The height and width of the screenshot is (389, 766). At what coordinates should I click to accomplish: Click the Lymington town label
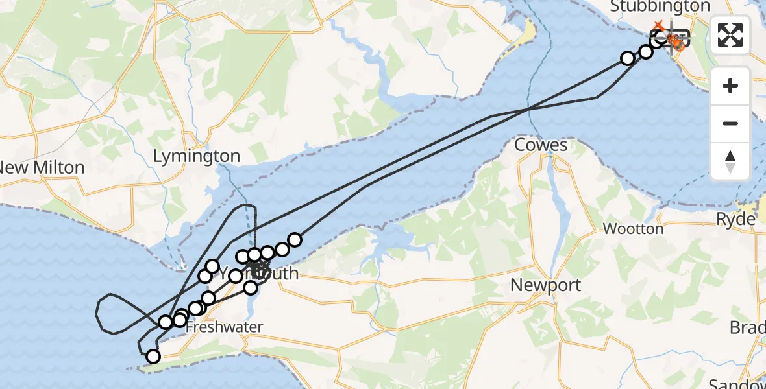point(197,156)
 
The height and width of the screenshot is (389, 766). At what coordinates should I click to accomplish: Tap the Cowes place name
point(541,145)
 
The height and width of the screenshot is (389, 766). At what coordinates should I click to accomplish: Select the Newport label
point(545,285)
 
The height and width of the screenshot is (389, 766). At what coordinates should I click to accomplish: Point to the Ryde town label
point(735,219)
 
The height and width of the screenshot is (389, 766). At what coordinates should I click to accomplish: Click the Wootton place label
point(633,229)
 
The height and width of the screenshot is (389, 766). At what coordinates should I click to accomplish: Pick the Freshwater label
point(223,327)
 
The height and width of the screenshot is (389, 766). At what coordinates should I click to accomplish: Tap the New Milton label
point(42,168)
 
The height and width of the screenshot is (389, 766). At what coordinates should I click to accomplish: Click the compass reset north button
point(730,161)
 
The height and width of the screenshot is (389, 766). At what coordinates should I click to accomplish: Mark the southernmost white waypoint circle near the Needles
point(153,357)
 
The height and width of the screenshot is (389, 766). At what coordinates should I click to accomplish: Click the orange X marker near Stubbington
point(659,25)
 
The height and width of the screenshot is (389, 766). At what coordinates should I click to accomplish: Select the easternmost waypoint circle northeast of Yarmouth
point(295,240)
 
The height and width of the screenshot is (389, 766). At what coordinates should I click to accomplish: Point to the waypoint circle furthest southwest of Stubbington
point(628,58)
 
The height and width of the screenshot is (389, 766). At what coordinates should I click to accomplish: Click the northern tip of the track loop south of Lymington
point(247,206)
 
